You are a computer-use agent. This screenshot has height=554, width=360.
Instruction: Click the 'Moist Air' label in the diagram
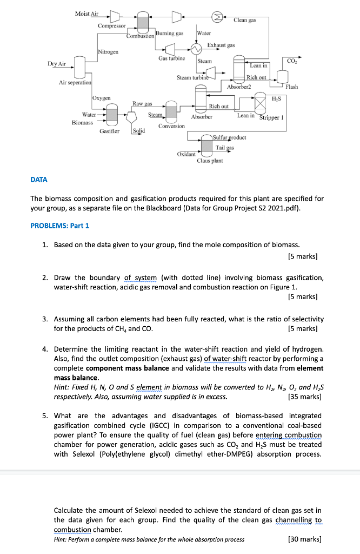[86, 13]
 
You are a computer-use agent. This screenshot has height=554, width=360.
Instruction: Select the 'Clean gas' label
[244, 20]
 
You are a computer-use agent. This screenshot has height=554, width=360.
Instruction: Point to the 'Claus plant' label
[210, 161]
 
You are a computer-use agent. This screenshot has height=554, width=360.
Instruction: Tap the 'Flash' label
[291, 87]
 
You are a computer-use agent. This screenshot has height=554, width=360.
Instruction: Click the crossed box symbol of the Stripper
[261, 102]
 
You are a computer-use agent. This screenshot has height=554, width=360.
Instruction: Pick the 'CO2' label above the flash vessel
[292, 61]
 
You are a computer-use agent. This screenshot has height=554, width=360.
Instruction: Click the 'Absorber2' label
[239, 87]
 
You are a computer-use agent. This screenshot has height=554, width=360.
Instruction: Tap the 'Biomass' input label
[83, 123]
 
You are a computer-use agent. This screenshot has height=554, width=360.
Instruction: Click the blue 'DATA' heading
[39, 179]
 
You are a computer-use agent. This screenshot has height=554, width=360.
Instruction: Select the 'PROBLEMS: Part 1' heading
[60, 225]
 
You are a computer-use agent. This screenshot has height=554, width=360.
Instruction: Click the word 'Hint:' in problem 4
[63, 387]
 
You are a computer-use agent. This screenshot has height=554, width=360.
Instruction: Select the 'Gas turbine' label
[171, 58]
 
